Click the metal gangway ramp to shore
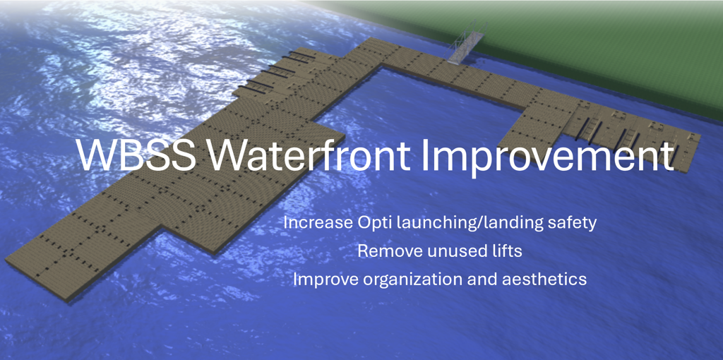(466, 42)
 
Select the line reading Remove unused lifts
(440, 251)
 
